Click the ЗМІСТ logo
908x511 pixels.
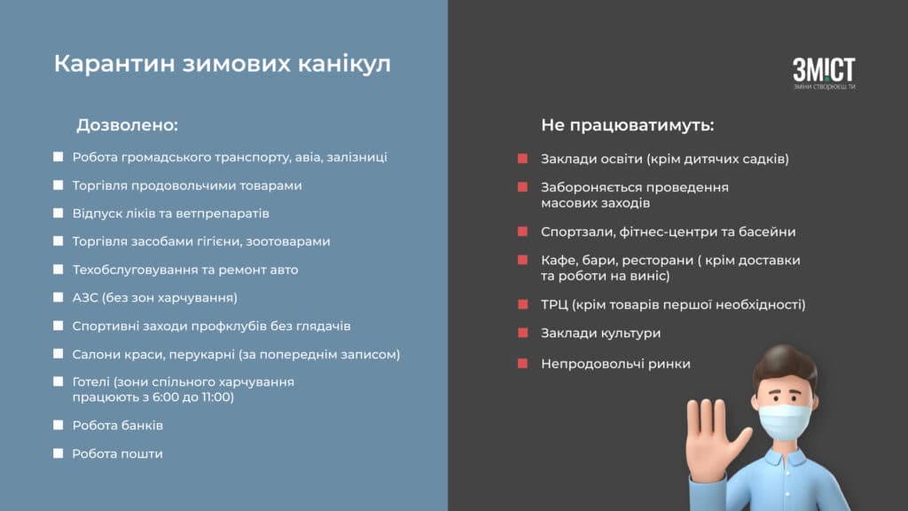point(824,73)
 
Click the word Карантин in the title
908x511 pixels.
point(114,64)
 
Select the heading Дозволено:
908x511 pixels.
point(128,125)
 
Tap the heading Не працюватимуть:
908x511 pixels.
point(628,125)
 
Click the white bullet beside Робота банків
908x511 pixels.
point(58,425)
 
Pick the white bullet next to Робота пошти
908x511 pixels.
point(58,453)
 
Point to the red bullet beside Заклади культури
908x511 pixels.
point(523,334)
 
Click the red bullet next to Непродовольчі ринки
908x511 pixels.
point(523,364)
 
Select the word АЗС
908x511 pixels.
point(85,298)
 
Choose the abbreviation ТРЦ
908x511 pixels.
point(554,305)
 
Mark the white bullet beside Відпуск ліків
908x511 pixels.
point(58,213)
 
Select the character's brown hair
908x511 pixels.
point(784,365)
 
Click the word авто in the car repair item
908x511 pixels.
point(284,270)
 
